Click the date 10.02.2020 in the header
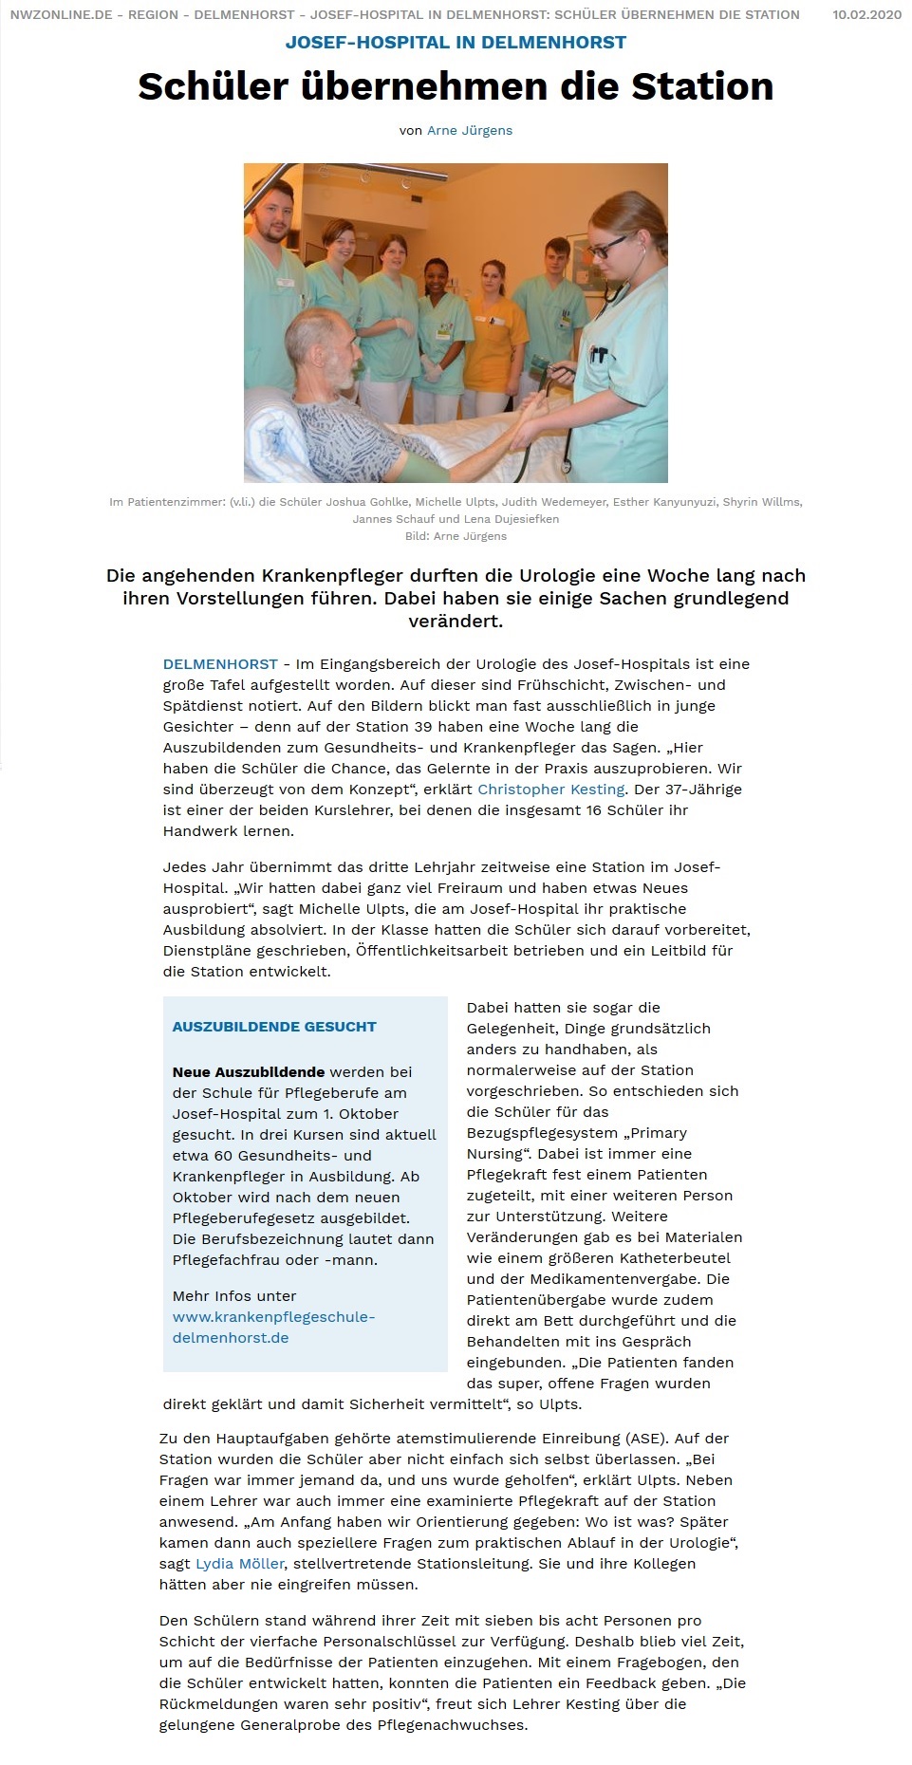[866, 14]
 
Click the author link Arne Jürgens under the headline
[469, 131]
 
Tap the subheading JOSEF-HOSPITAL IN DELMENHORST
[456, 43]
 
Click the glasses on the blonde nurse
[607, 248]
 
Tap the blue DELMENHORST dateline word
[220, 664]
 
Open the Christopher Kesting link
[550, 790]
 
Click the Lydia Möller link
[240, 1564]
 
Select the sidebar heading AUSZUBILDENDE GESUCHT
[274, 1027]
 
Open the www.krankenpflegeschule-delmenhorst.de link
[273, 1328]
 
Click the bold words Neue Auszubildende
[249, 1072]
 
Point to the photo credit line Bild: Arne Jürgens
[456, 536]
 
